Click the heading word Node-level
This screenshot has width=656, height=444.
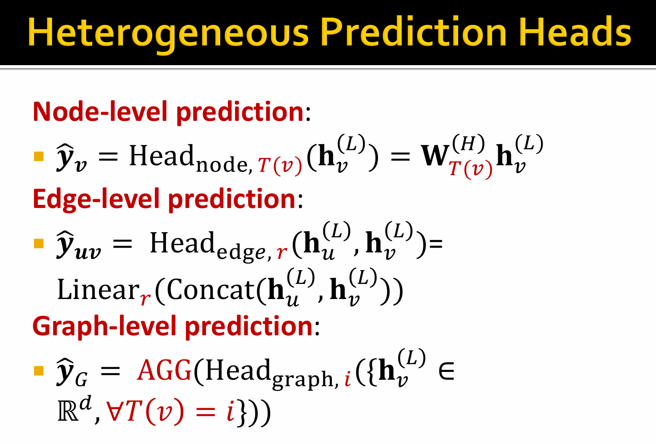point(100,112)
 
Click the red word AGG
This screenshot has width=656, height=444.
point(164,370)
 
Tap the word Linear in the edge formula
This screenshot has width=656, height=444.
point(98,289)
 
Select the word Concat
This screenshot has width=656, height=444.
point(211,289)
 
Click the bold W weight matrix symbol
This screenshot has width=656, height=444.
point(435,155)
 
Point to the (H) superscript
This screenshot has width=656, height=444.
point(469,143)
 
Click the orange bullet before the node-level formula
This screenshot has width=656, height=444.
point(39,156)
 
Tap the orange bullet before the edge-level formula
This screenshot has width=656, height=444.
point(39,243)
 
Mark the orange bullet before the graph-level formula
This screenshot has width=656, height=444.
point(39,371)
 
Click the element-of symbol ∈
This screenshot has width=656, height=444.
point(447,371)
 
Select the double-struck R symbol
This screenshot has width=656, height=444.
point(68,411)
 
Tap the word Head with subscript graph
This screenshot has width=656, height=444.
point(237,370)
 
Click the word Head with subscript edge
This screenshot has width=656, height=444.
point(182,243)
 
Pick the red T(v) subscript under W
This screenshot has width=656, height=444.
point(471,170)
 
